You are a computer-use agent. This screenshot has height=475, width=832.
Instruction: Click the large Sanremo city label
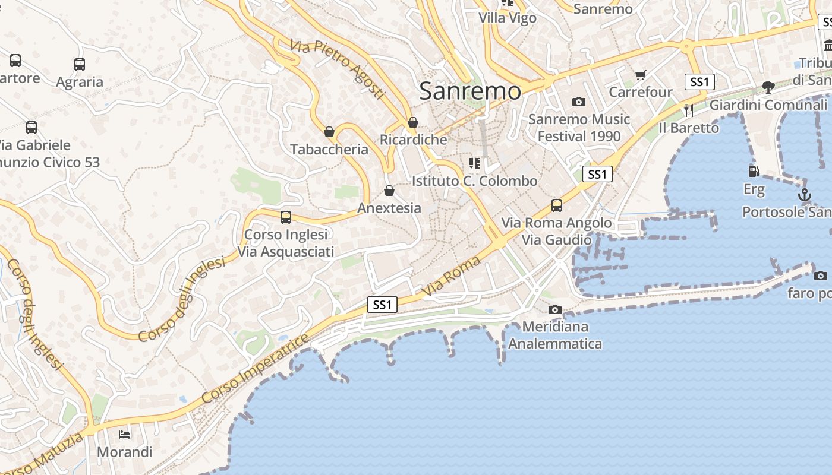470,91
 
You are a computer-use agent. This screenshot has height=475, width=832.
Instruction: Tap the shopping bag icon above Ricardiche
413,123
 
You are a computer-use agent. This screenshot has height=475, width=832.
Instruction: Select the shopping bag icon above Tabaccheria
329,132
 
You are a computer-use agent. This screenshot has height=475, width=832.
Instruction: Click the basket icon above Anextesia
389,191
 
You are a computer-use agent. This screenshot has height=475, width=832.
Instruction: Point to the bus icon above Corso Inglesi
286,217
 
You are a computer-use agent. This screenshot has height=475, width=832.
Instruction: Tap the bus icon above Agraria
80,65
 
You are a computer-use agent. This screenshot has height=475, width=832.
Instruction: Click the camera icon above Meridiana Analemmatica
555,309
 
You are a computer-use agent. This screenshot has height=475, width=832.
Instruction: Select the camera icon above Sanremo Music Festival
579,102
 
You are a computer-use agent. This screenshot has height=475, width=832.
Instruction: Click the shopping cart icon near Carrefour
640,75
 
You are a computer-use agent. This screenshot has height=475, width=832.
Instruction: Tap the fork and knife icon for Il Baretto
689,110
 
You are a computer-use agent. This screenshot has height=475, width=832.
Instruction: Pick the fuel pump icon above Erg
754,172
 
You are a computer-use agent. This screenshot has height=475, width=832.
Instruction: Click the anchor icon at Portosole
804,195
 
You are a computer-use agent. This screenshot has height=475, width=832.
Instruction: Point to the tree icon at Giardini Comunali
768,87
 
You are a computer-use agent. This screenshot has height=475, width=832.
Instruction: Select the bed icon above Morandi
124,435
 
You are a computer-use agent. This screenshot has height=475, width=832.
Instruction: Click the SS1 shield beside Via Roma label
382,305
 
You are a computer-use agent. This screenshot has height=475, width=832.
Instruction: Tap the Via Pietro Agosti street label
338,69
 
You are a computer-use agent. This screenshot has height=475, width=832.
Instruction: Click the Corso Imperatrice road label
256,369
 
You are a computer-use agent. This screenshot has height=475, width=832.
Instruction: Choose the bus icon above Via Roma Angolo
557,205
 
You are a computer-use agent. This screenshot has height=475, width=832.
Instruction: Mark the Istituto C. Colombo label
474,181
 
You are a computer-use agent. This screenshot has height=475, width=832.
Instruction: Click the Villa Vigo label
508,18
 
